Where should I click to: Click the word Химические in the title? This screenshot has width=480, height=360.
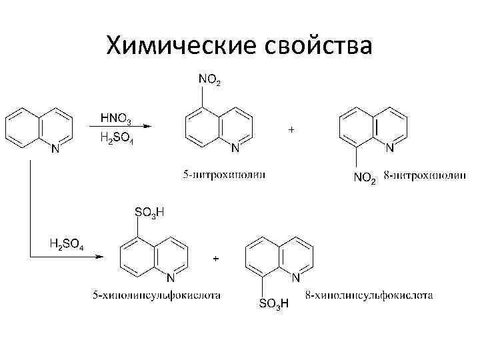174,45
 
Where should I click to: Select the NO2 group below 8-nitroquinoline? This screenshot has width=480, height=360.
364,177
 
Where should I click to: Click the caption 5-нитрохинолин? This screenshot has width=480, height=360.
224,175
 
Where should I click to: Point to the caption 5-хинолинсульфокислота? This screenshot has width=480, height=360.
157,294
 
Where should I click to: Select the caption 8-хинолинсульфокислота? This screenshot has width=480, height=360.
369,294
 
